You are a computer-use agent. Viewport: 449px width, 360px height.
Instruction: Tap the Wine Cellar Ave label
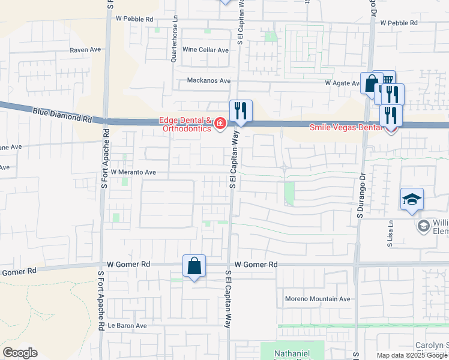(206, 50)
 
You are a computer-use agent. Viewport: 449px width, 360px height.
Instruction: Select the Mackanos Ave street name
(209, 80)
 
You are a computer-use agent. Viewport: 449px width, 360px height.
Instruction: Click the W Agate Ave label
(343, 83)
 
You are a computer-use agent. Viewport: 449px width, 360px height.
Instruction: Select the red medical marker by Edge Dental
(220, 124)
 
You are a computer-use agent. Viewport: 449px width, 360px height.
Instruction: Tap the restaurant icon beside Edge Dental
(241, 110)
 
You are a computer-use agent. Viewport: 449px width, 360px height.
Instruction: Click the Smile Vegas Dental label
(346, 127)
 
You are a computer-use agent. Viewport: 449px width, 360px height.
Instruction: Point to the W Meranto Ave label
(133, 172)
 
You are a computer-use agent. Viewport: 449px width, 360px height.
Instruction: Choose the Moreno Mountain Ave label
(318, 299)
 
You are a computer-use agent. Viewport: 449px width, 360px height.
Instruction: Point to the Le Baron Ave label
(127, 326)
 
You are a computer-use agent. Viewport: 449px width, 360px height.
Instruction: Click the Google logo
(20, 353)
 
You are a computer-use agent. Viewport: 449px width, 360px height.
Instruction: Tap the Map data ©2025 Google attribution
(412, 355)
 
